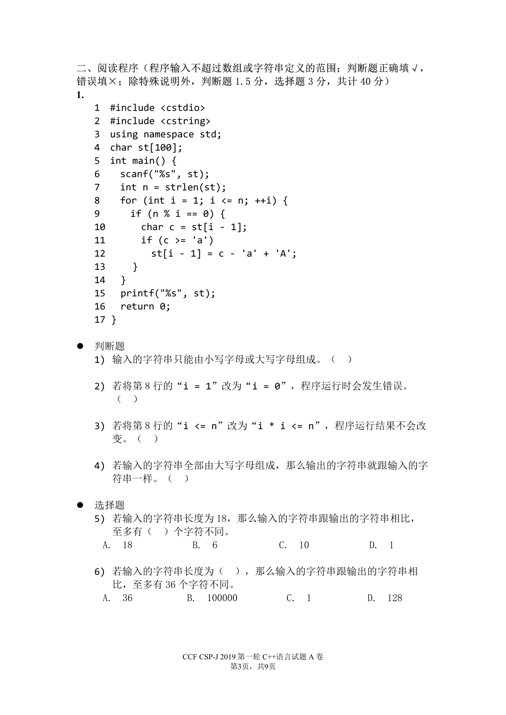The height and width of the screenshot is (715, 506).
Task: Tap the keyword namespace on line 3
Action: point(169,134)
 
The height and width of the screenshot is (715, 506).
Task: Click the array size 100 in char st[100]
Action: point(163,147)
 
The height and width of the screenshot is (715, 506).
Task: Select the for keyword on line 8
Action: point(128,200)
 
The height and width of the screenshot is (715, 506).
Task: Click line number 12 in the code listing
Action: point(100,253)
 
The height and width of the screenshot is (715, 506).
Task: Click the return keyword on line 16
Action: point(137,306)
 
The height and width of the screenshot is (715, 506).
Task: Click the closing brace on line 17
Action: point(114,320)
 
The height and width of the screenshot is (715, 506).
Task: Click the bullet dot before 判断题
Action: point(80,346)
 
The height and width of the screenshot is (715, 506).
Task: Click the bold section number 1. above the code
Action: point(80,95)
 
